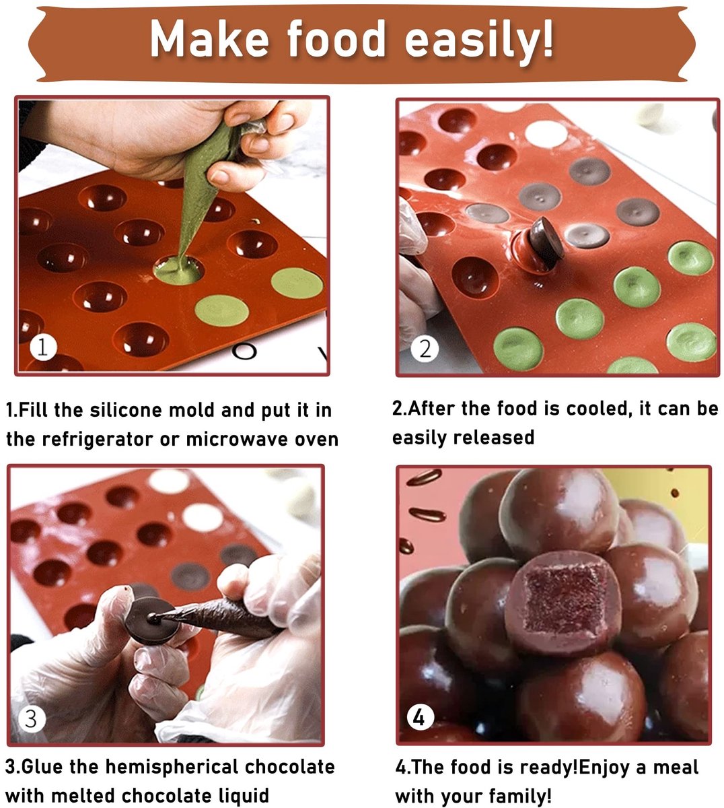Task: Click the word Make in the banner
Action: tap(209, 38)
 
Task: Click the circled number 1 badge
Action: tap(43, 347)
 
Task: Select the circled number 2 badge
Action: tap(425, 349)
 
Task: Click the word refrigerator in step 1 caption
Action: tap(98, 440)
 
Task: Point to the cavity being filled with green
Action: tap(178, 269)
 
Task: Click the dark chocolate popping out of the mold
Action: tap(546, 243)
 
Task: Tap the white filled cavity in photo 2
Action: tap(546, 133)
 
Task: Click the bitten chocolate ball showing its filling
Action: tap(563, 604)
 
